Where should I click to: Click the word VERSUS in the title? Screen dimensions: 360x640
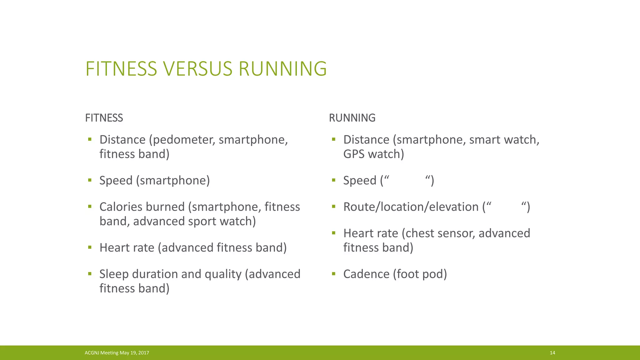coord(197,69)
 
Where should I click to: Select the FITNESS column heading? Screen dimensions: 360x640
coord(104,118)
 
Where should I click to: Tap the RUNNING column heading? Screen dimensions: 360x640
coord(352,118)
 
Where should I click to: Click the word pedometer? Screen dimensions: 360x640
coord(182,140)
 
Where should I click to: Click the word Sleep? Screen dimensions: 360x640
coord(114,274)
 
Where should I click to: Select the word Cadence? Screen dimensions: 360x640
coord(366,274)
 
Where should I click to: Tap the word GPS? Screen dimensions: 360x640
coord(354,154)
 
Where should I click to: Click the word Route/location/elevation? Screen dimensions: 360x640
coord(411,207)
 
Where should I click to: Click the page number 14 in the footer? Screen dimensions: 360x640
coord(552,353)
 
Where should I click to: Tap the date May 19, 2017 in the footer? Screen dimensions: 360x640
coord(134,353)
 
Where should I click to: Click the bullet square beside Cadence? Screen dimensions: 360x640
coord(333,274)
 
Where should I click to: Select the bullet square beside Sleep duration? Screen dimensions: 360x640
coord(90,274)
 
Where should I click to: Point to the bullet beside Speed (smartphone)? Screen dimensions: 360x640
coord(90,180)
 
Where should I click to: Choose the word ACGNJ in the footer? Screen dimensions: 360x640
coord(92,353)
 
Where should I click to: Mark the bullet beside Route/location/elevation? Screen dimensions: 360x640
coord(333,207)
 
